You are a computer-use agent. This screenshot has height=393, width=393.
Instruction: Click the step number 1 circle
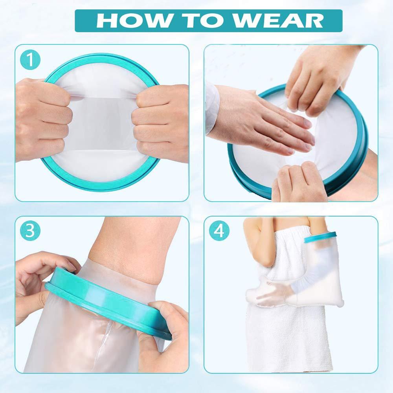coord(30,60)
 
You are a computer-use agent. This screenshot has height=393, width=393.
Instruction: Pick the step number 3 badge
coord(30,231)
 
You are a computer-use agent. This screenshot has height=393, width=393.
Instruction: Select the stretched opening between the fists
coord(102,122)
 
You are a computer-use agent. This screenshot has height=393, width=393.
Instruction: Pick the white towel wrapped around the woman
coord(283,338)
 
